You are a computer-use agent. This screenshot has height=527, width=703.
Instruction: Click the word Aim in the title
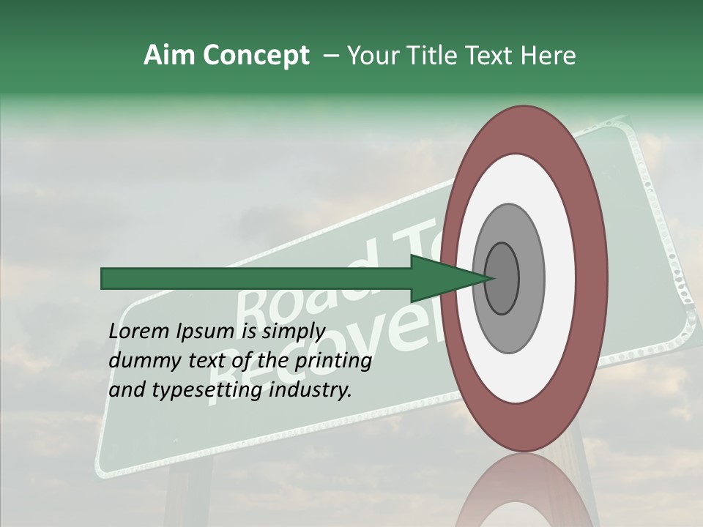point(169,56)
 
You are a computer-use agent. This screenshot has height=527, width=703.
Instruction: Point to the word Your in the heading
point(373,56)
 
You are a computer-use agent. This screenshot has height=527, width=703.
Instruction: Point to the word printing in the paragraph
point(332,361)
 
